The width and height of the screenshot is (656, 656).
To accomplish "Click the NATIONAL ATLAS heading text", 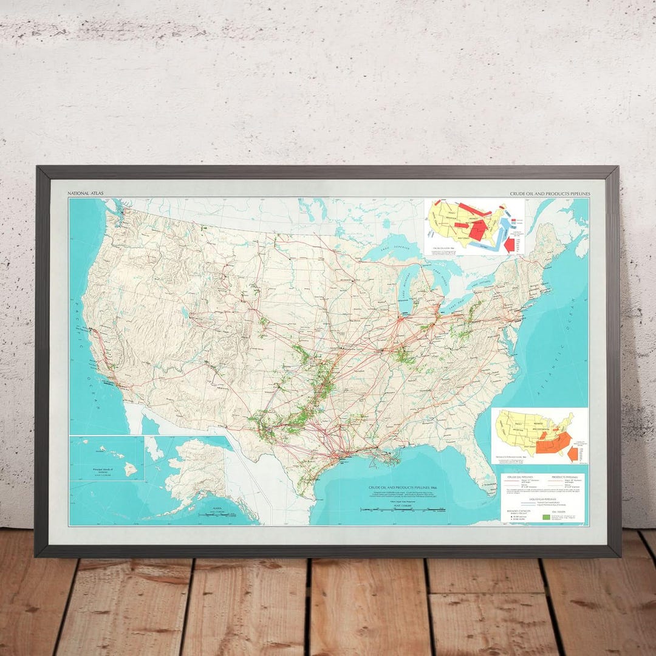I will [x=86, y=194].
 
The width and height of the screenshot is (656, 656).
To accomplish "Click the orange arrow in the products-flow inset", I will [x=572, y=454].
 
